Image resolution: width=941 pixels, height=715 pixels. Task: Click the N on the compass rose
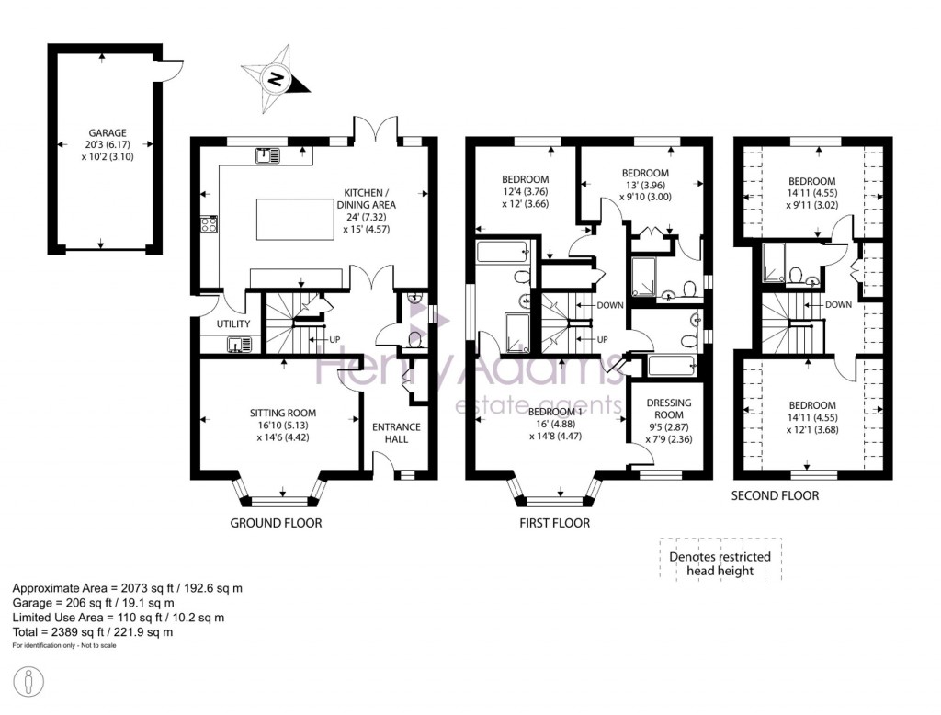pos(276,79)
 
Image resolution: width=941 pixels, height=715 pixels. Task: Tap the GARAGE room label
pos(108,132)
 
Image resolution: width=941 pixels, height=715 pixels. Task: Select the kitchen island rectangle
pos(295,219)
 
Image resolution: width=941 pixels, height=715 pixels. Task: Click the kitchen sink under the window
pos(267,155)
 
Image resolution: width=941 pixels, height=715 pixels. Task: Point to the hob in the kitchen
pos(210,224)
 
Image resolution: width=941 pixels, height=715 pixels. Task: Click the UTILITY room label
pos(233,323)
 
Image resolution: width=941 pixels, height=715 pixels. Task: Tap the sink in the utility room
pos(240,344)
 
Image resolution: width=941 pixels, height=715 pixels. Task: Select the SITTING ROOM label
pos(283,413)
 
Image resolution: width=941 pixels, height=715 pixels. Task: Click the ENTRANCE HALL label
pos(396,433)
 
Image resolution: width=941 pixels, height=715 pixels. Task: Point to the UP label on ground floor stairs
pos(334,339)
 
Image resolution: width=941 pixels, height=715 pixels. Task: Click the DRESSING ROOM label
pos(669,408)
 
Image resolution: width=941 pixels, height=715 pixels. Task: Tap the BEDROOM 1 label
pos(555,412)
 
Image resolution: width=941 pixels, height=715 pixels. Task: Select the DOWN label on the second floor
pos(838,304)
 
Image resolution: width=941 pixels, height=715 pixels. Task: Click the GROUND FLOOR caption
pos(276,523)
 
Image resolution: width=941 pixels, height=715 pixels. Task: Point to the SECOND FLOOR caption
pos(775,495)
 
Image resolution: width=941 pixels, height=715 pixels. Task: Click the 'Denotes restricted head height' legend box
pos(720,560)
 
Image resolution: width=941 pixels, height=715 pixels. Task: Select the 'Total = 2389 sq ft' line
pos(93,631)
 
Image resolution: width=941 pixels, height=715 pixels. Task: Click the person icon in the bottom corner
pos(28,683)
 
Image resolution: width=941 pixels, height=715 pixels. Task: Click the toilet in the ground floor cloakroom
pos(414,340)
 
